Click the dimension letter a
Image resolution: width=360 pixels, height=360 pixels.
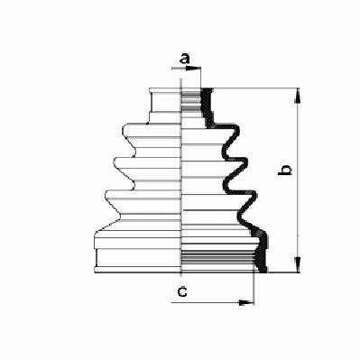pos(185,59)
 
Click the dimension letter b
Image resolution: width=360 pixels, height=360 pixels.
pos(285,170)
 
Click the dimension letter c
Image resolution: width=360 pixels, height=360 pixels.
pos(182,291)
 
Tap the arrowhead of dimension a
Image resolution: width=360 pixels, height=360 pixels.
pos(193,69)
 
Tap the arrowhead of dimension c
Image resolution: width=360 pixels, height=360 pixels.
pos(246,302)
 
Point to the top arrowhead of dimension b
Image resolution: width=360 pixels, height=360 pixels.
pos(298,96)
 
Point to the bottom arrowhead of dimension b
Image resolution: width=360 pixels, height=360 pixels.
pos(298,264)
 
